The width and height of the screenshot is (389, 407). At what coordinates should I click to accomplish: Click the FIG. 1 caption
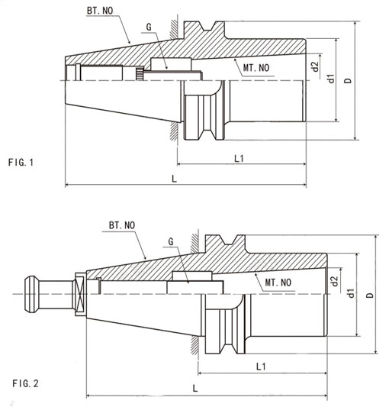[21, 162]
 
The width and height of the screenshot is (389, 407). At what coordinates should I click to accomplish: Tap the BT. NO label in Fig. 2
[121, 226]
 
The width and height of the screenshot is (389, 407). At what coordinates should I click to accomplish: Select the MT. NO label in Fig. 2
[278, 282]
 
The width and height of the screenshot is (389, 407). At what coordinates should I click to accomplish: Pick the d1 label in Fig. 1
[330, 79]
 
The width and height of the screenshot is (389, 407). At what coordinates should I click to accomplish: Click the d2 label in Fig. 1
[314, 67]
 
